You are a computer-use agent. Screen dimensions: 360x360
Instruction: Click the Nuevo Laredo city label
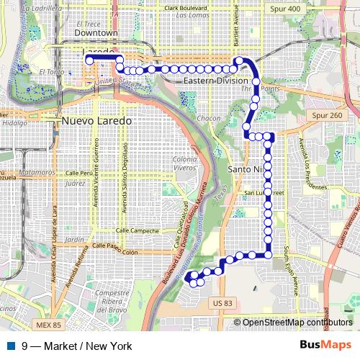pyautogui.click(x=97, y=121)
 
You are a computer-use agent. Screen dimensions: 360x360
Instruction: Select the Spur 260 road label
pyautogui.click(x=329, y=114)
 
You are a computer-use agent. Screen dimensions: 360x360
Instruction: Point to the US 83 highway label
pyautogui.click(x=224, y=305)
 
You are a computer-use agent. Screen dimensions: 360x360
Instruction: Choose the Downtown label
pyautogui.click(x=96, y=33)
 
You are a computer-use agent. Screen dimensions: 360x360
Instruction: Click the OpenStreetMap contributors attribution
pyautogui.click(x=298, y=323)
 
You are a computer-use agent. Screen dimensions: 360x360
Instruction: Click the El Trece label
pyautogui.click(x=92, y=23)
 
